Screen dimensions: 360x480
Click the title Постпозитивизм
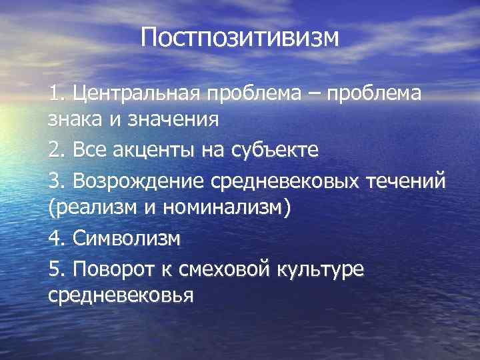coord(240,37)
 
